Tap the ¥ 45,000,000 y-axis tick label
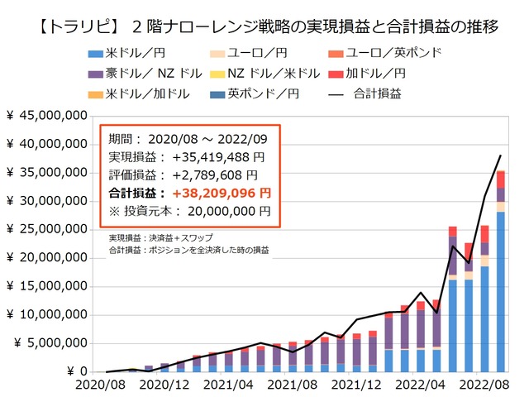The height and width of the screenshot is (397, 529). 47,116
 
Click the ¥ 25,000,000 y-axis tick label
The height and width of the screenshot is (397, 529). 47,229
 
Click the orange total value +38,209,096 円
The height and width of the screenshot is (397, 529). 218,193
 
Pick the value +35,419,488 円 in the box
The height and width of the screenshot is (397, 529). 218,156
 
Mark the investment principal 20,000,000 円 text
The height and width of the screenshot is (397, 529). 224,211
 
